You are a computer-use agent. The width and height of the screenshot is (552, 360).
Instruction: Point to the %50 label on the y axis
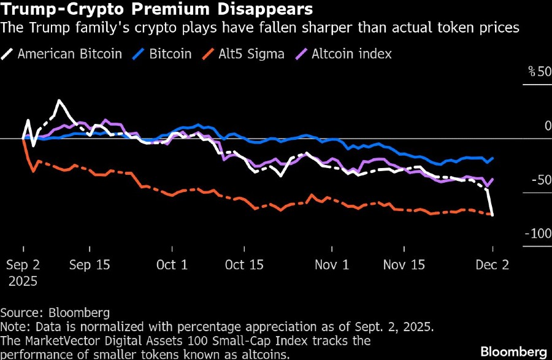[539, 72]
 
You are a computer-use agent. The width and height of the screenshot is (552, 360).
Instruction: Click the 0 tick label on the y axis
[548, 126]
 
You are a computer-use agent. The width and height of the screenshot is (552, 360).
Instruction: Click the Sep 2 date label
[23, 265]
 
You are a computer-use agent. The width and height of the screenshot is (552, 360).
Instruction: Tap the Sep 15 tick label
[90, 265]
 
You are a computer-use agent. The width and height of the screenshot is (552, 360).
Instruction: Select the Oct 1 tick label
[172, 265]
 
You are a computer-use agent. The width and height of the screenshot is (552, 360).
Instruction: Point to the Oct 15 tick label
[244, 265]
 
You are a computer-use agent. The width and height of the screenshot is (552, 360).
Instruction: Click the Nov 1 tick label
[332, 265]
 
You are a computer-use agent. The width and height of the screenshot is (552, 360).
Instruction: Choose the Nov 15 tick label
[404, 265]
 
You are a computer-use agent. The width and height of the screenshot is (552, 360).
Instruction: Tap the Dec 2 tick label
[493, 265]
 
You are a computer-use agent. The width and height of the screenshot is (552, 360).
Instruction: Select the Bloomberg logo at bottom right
[513, 351]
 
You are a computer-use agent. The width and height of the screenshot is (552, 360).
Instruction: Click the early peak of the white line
[59, 101]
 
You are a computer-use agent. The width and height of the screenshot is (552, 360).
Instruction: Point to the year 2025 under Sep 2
[23, 281]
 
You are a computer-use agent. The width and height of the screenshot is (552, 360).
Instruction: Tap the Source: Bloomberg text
[55, 312]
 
